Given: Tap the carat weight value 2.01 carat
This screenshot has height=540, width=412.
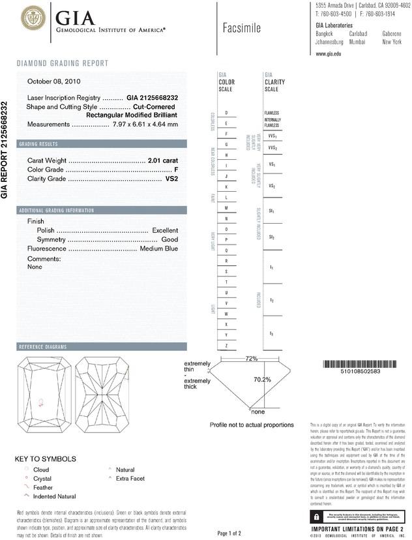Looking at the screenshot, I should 162,160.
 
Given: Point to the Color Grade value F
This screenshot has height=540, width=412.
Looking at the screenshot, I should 176,170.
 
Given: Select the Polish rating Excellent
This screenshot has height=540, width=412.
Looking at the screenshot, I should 165,231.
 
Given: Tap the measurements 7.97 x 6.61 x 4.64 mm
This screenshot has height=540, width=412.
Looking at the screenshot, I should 145,124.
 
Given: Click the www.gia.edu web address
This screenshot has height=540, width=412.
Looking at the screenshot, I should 329,54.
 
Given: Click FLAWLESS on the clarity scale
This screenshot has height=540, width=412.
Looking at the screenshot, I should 272,113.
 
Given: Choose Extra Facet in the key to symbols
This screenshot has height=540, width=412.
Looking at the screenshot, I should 130,478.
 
